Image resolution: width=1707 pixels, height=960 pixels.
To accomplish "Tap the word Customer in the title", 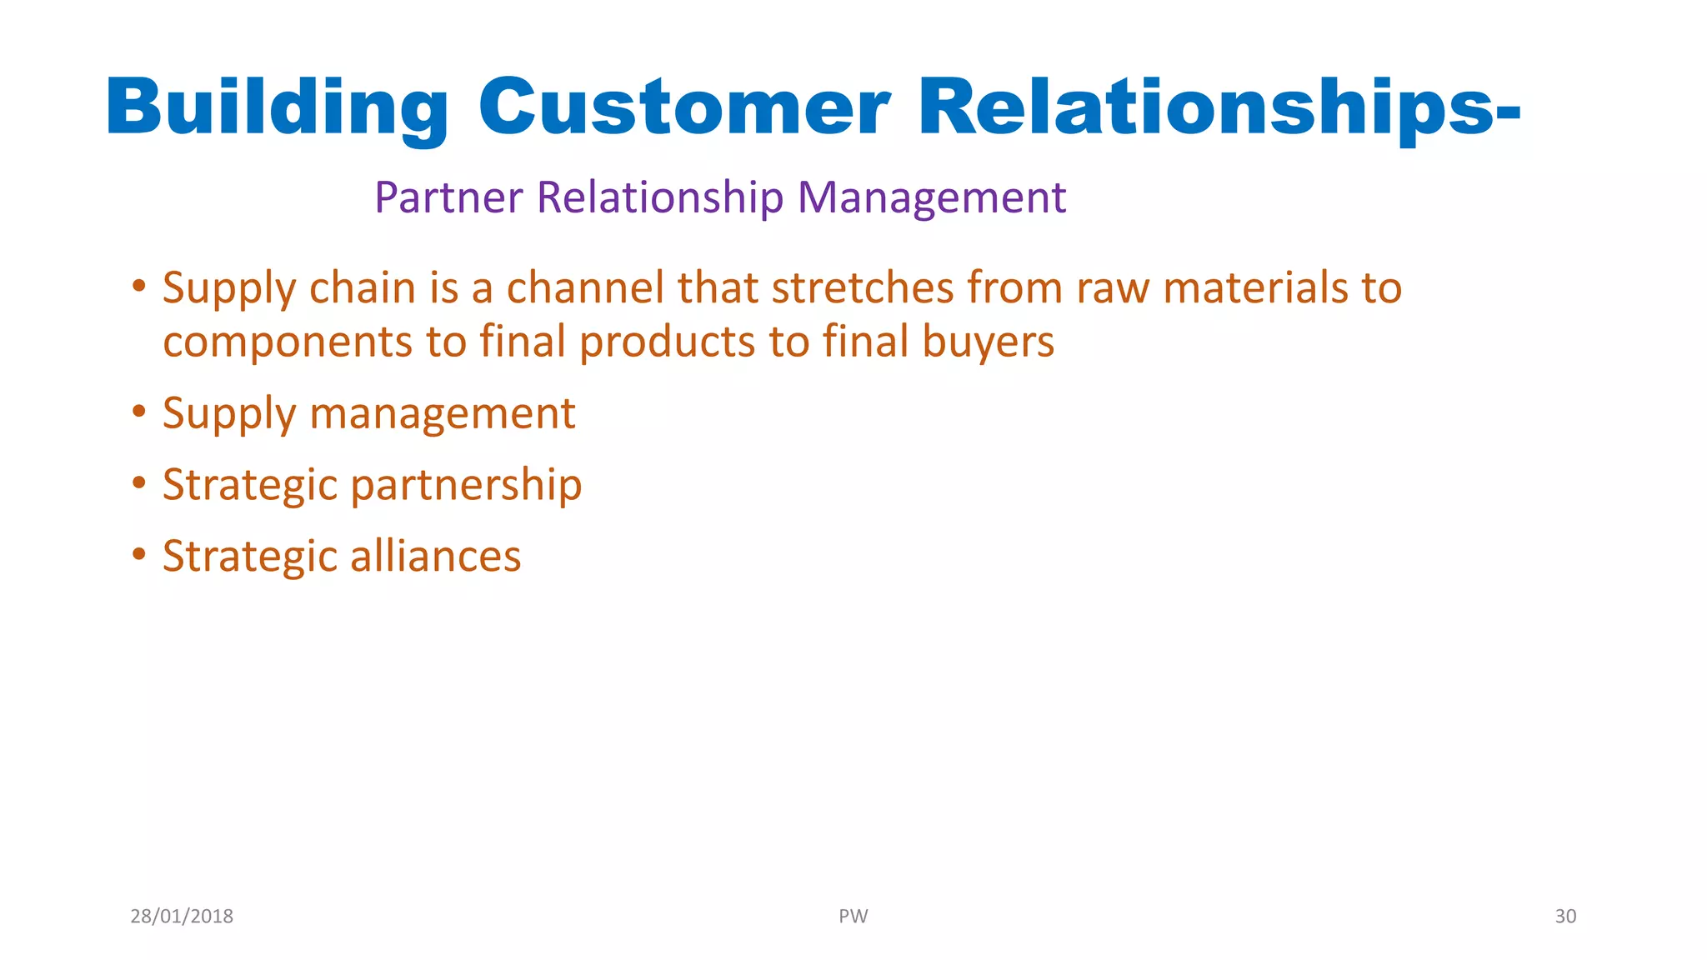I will click(683, 108).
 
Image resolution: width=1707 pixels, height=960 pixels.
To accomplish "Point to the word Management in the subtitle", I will click(931, 198).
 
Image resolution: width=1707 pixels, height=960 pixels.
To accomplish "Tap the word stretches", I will click(862, 288).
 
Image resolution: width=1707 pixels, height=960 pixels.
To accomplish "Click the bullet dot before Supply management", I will click(139, 412).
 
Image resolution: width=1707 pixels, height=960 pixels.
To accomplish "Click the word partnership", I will click(466, 486).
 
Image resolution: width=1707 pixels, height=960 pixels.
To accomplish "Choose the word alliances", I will click(435, 557).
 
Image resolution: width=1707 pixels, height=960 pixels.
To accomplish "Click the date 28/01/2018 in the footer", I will click(182, 917).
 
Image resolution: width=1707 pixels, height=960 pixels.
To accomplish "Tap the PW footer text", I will click(853, 917).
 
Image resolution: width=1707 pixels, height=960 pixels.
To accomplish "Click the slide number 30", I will click(1564, 917).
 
